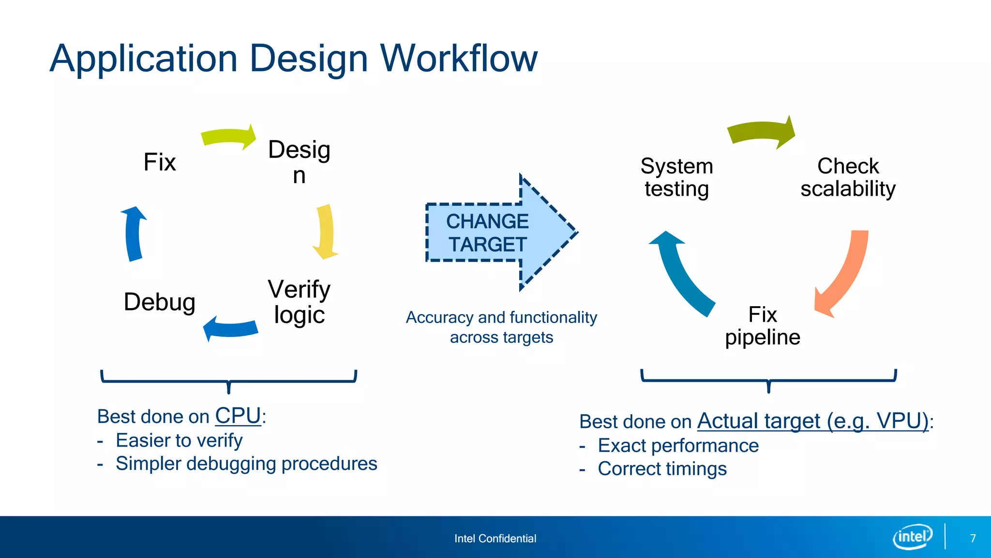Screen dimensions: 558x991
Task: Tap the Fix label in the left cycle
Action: click(x=160, y=162)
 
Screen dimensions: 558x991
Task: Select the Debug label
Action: click(x=160, y=302)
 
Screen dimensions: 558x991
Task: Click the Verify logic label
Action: click(x=299, y=302)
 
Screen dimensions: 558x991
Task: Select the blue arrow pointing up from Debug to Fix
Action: click(x=134, y=234)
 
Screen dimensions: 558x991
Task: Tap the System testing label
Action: click(x=676, y=177)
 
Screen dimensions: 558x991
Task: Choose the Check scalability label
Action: click(x=848, y=177)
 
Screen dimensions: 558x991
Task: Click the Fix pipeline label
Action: click(x=763, y=326)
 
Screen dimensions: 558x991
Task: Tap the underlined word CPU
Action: click(x=238, y=416)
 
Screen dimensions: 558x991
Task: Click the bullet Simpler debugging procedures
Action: click(x=246, y=464)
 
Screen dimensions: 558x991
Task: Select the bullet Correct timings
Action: click(x=662, y=469)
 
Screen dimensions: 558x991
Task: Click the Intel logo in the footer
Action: click(x=912, y=537)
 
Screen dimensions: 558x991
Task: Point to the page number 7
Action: click(x=973, y=538)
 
